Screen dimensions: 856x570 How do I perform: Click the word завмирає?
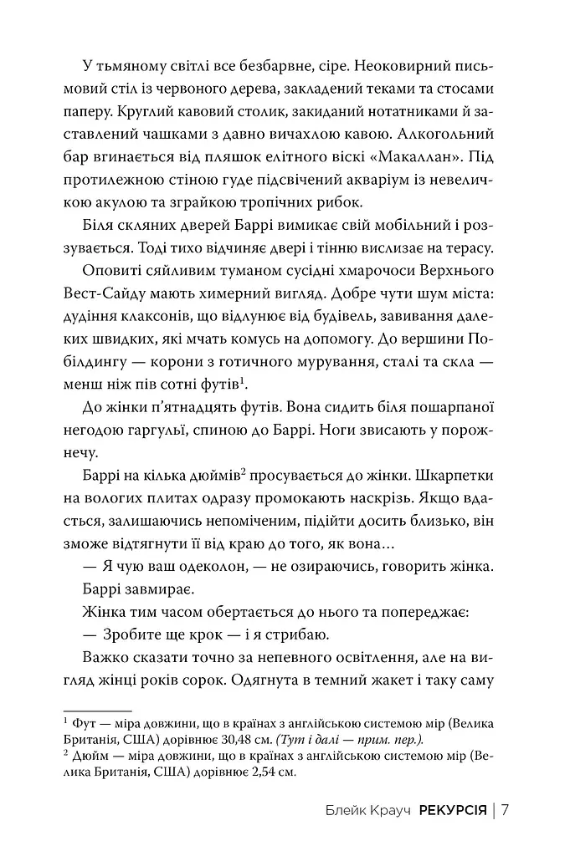coord(165,588)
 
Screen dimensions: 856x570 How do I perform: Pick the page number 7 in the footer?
coord(506,810)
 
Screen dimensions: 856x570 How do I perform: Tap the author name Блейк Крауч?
coord(366,810)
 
